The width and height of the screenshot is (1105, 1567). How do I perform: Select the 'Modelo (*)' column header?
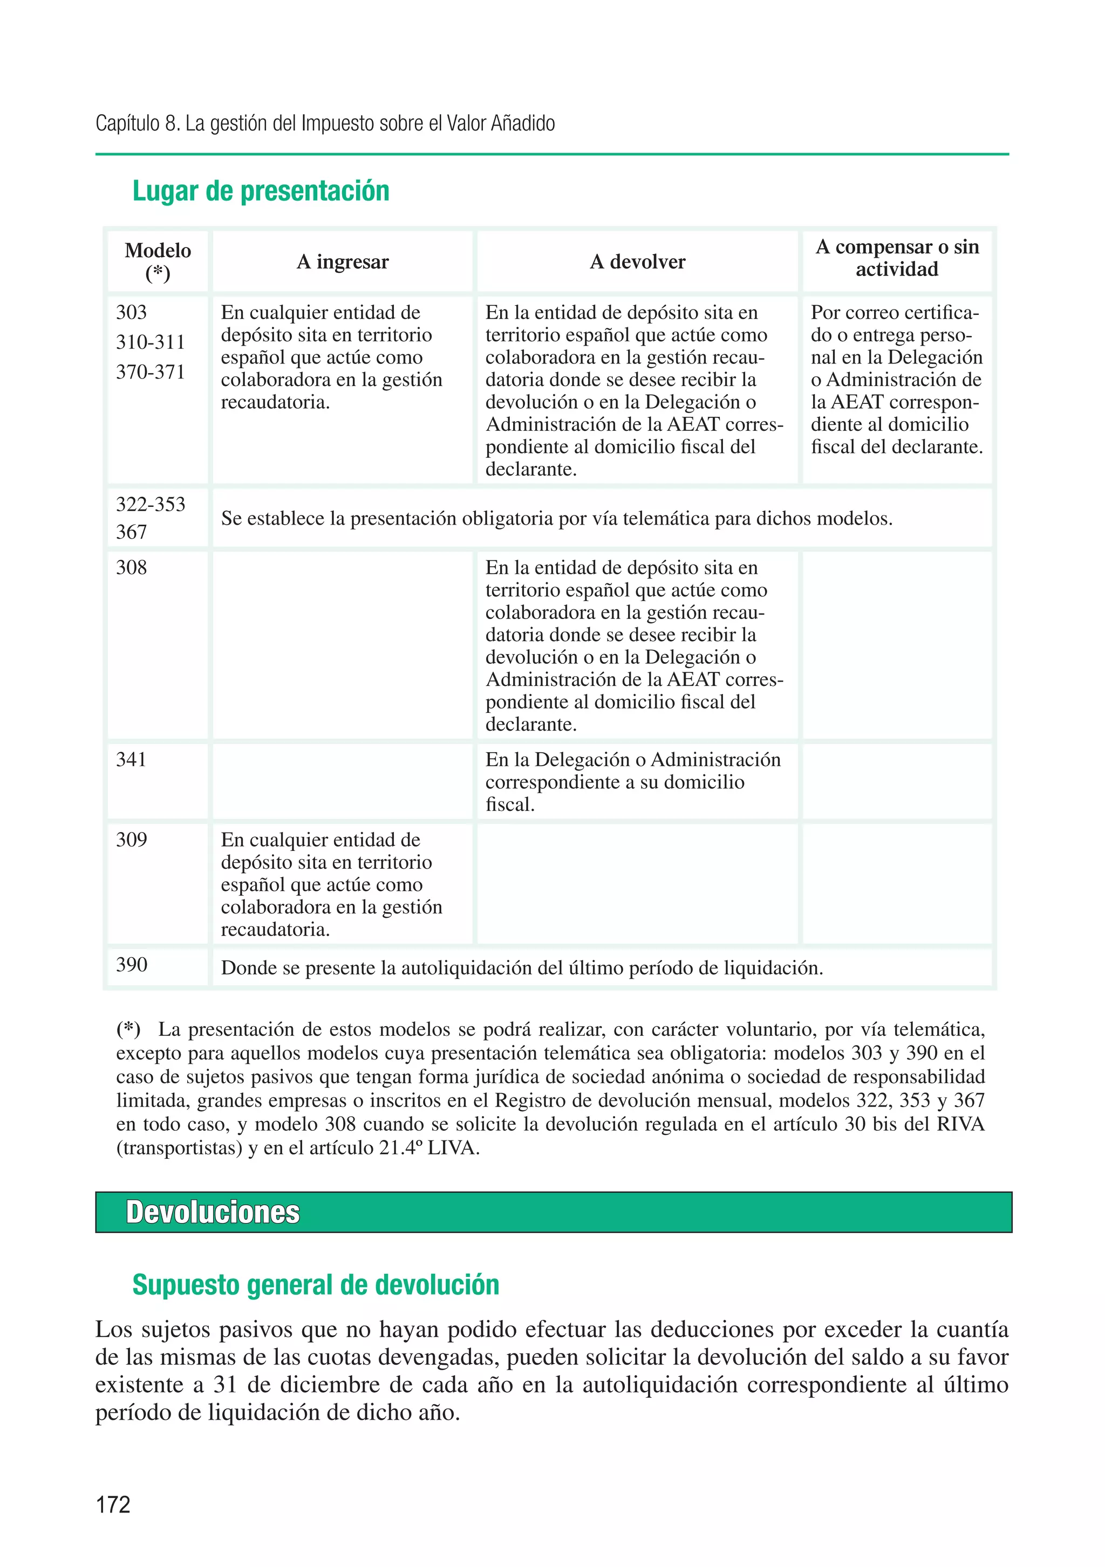pos(158,262)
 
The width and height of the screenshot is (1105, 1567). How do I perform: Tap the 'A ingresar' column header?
pos(342,262)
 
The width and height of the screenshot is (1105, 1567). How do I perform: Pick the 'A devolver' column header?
pos(637,262)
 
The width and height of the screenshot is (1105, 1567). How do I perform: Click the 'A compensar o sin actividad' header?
pos(897,258)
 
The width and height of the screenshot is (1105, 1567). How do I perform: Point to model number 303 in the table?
pos(131,313)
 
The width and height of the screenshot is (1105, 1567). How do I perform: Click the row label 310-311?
pos(150,342)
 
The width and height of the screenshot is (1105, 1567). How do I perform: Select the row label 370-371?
pos(150,372)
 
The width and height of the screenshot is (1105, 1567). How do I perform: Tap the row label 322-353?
pos(150,504)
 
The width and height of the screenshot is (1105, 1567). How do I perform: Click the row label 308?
pos(131,568)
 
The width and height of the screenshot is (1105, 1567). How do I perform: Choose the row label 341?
pos(131,760)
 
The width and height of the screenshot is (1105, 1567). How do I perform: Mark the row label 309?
pos(131,840)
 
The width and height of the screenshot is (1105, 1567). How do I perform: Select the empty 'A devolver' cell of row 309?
pos(637,884)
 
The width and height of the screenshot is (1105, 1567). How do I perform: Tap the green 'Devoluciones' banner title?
pos(213,1213)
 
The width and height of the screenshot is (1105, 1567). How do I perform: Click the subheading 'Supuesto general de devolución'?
pos(316,1285)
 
